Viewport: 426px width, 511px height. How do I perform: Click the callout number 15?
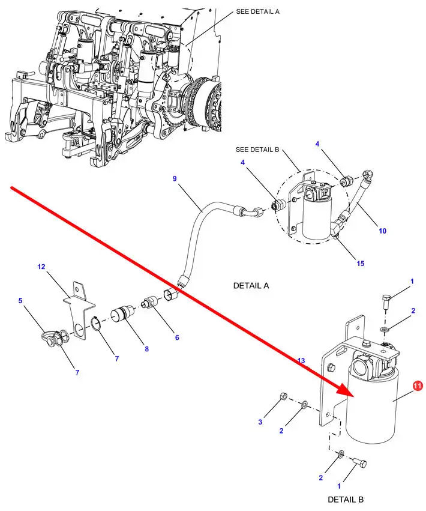360,263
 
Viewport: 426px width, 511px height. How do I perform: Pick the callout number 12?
41,266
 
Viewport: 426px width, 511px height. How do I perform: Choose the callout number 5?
20,301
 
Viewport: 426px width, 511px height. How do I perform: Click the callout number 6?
177,337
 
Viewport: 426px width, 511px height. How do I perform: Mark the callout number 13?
301,360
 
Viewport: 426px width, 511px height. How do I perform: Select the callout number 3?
260,423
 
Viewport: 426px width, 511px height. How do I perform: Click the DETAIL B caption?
346,499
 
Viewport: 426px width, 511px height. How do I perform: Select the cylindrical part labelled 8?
124,315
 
